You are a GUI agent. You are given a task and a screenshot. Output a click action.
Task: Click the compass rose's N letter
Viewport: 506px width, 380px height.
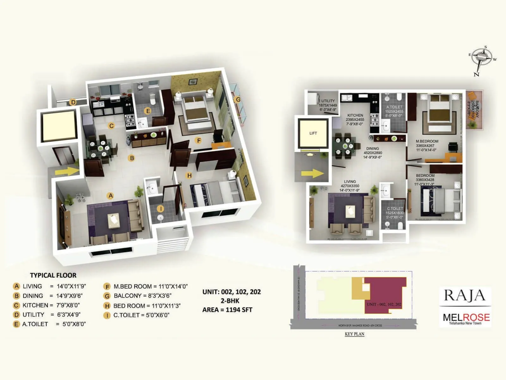coord(476,74)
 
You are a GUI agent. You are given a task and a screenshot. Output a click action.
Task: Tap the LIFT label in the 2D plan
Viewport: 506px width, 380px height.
coord(313,133)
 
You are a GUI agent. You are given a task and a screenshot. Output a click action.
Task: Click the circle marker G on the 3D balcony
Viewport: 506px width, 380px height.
coord(238,99)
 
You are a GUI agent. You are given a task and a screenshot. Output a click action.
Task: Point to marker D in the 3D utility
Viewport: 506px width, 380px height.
coord(73,102)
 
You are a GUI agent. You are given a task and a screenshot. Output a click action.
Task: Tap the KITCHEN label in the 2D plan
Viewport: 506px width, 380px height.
coord(355,115)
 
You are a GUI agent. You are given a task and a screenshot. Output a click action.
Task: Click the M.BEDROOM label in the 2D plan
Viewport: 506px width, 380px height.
coord(427,141)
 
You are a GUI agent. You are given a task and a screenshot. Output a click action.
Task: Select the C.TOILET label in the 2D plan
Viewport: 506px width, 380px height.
coord(395,209)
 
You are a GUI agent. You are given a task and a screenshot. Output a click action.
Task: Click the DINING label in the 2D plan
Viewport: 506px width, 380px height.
coord(373,149)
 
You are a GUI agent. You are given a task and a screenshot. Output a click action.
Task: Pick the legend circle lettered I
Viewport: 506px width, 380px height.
coord(107,315)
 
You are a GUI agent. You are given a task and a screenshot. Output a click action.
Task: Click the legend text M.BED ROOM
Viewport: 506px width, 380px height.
coord(133,287)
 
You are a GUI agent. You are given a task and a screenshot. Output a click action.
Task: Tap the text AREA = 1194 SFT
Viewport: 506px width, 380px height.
coord(227,310)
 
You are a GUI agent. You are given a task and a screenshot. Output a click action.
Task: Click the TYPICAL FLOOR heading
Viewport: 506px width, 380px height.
coord(53,275)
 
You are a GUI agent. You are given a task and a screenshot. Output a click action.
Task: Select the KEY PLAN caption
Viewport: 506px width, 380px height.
coord(355,334)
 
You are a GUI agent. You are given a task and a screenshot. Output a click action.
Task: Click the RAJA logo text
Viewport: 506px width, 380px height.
coord(465,295)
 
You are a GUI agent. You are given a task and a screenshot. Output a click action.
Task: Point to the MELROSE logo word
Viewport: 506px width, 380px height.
coord(466,317)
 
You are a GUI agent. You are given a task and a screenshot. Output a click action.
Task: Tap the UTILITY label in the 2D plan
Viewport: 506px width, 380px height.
coord(328,101)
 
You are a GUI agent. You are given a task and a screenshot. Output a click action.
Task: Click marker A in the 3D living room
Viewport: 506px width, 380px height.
coord(111,196)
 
